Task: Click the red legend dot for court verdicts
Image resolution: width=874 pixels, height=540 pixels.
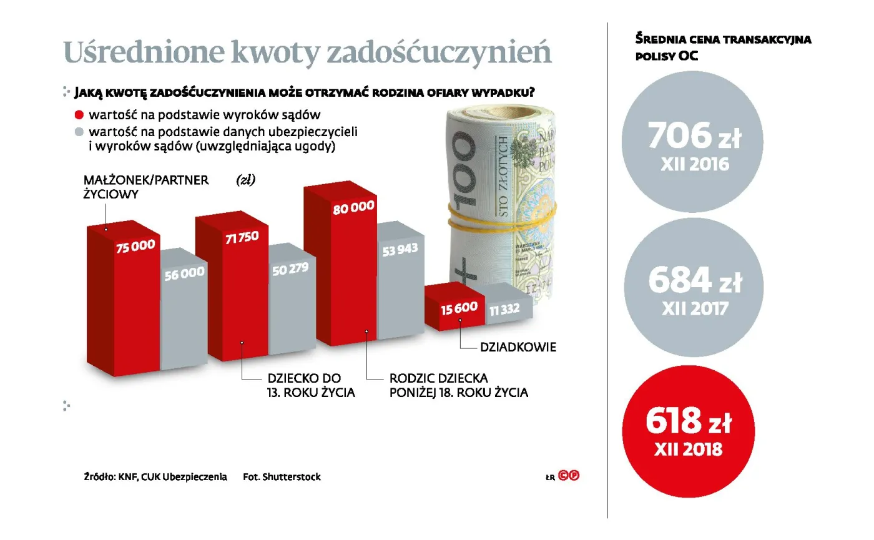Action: (79, 115)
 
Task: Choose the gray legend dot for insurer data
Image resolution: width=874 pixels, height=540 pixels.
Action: (79, 132)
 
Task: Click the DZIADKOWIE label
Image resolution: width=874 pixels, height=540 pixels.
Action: (518, 346)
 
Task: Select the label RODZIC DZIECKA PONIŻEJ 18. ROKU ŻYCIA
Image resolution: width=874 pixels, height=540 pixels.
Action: (458, 386)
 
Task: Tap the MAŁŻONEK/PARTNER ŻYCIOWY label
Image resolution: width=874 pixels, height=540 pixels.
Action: (146, 187)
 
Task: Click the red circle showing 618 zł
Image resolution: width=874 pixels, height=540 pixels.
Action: (689, 431)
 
